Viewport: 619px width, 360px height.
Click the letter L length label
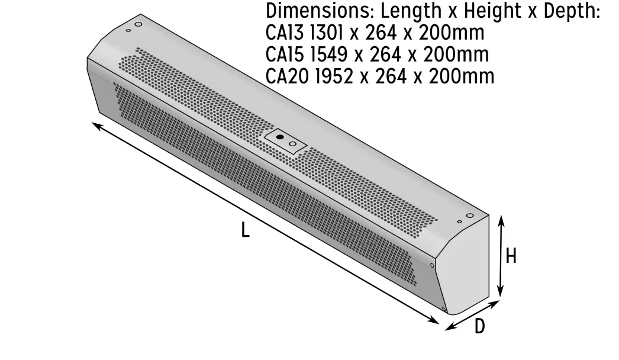click(245, 230)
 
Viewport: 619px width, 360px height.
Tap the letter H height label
click(511, 256)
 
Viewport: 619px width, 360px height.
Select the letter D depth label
click(479, 326)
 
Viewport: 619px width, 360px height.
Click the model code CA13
click(285, 33)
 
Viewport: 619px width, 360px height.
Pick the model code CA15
click(285, 54)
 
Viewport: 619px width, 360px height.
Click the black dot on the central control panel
click(280, 137)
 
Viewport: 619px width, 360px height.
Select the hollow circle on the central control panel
click(292, 143)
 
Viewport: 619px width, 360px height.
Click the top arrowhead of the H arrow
click(501, 219)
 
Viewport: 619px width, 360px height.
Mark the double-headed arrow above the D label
click(472, 314)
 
